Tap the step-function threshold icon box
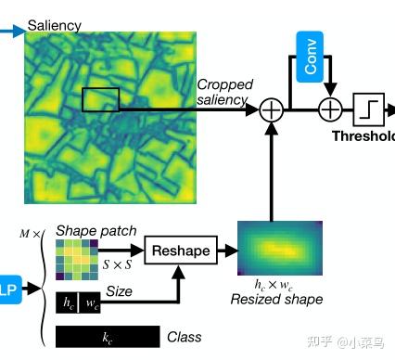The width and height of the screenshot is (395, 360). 367,110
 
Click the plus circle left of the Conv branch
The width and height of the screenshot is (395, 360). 272,110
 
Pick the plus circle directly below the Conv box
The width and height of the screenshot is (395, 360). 330,110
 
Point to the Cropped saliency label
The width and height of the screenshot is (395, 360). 223,92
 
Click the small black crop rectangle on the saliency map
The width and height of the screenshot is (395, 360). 100,100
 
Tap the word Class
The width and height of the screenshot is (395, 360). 184,337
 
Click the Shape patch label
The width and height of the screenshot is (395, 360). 96,230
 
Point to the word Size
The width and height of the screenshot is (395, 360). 118,290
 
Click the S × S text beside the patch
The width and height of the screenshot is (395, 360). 116,264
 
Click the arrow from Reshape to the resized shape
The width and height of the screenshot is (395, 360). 226,251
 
